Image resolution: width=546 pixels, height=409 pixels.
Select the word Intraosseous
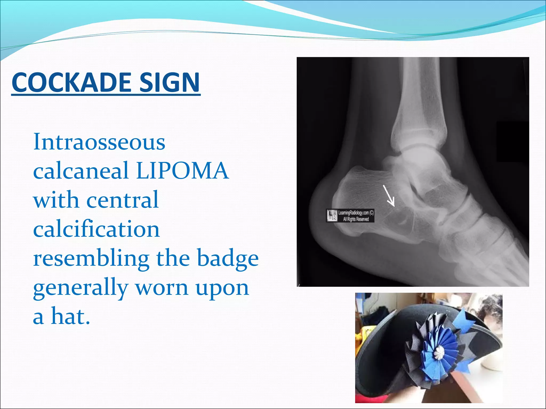pyautogui.click(x=99, y=142)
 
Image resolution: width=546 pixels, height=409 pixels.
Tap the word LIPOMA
pyautogui.click(x=182, y=170)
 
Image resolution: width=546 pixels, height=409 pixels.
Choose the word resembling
pyautogui.click(x=91, y=259)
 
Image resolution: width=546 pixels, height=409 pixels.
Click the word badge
pyautogui.click(x=228, y=259)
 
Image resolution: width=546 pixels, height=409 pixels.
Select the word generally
pyautogui.click(x=81, y=288)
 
